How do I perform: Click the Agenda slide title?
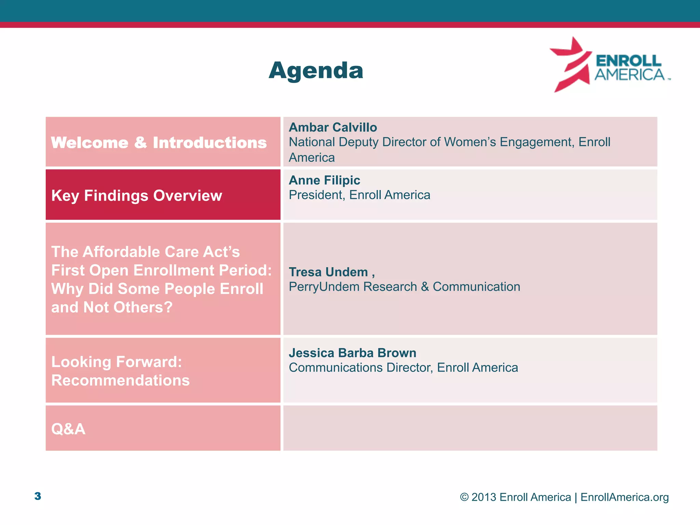pos(316,70)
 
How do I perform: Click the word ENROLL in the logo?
pos(629,61)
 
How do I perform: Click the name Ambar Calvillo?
pos(333,127)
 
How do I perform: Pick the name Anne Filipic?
pos(324,180)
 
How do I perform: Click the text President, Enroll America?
pos(359,195)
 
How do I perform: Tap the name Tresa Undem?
pos(328,272)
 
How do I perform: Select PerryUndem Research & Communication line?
pos(404,286)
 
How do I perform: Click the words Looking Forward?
pos(117,362)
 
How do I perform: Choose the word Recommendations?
pos(120,380)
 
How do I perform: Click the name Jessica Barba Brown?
pos(352,353)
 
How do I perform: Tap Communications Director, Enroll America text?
pos(403,367)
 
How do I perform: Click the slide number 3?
pos(38,496)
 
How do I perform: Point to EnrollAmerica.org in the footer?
pos(624,497)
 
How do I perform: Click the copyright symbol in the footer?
pos(464,497)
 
